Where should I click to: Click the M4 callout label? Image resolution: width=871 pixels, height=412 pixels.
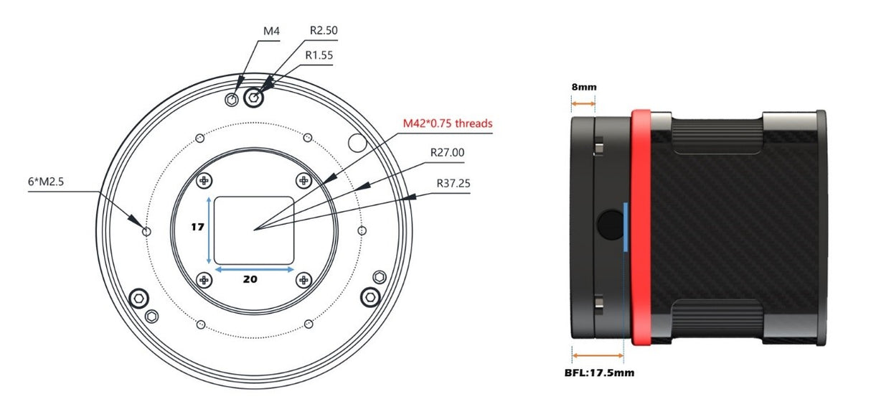click(x=271, y=31)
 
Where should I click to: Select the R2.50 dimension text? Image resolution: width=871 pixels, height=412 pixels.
click(x=324, y=30)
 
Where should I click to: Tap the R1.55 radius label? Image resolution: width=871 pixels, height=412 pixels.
click(x=319, y=55)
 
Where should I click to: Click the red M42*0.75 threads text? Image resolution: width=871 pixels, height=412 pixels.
click(x=448, y=123)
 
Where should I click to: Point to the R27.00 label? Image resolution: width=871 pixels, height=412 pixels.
click(x=447, y=152)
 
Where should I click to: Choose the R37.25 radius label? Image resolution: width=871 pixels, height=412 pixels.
click(x=453, y=183)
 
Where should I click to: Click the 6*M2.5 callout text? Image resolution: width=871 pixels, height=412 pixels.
click(x=46, y=182)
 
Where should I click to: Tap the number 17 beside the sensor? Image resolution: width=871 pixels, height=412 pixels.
click(x=197, y=228)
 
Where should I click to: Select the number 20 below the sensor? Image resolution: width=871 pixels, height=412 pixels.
click(x=250, y=279)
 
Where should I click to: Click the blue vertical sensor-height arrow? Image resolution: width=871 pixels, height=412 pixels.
click(x=209, y=230)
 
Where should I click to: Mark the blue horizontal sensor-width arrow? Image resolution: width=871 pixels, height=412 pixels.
click(x=254, y=269)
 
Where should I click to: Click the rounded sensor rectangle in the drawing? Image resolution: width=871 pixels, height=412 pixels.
click(x=254, y=230)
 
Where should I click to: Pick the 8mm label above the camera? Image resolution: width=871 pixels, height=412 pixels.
click(x=583, y=87)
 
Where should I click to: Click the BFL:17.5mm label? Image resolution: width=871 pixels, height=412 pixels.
click(x=599, y=373)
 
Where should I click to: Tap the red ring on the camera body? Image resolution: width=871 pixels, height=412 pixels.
click(x=641, y=228)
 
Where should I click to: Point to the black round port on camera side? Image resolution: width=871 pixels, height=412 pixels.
click(x=611, y=225)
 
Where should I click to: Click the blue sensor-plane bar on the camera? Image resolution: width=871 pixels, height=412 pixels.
click(x=626, y=227)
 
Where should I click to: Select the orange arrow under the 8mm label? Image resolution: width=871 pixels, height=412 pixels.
click(x=583, y=103)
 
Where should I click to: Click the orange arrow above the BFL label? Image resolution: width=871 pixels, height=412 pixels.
click(x=598, y=355)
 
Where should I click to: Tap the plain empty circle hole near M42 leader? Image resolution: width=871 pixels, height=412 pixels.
click(x=357, y=143)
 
